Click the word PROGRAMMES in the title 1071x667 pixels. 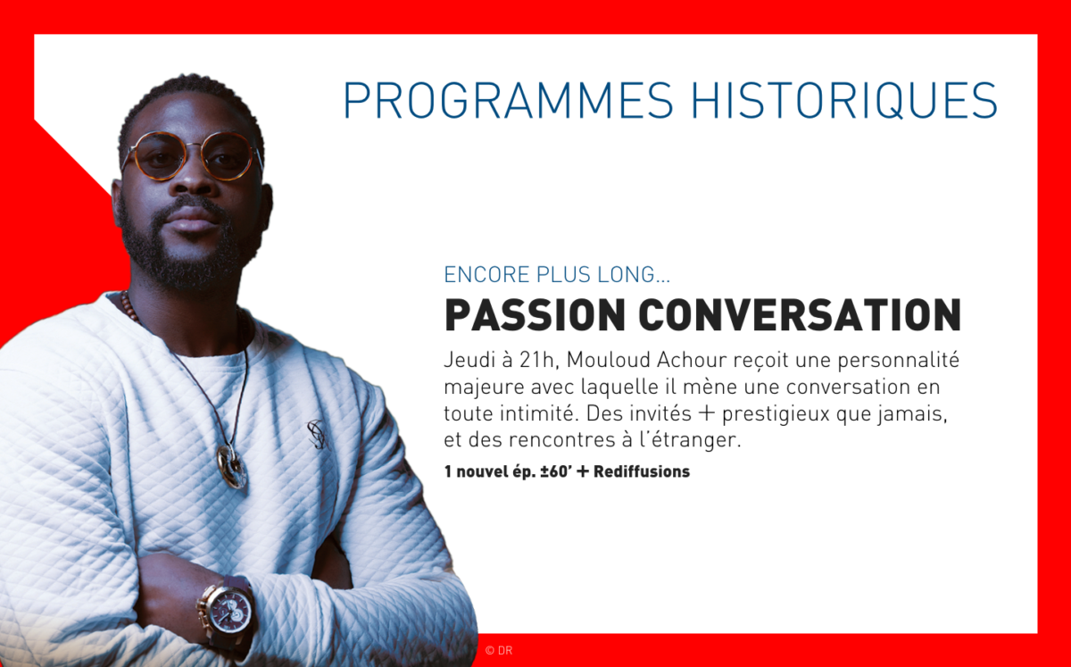coord(508,101)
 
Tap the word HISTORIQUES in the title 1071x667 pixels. coord(845,102)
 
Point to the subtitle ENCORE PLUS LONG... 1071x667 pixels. coord(557,275)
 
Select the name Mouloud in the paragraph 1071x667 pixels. coord(606,360)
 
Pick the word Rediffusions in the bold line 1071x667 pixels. coord(642,471)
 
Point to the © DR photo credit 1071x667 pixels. coord(499,651)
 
